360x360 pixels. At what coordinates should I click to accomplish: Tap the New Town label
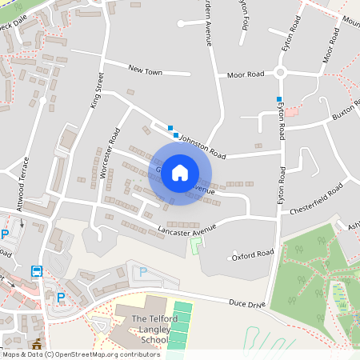(145, 72)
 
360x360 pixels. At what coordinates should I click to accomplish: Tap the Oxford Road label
(253, 254)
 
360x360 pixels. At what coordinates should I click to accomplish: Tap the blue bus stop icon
(36, 270)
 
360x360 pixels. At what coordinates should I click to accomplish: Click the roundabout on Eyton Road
(280, 73)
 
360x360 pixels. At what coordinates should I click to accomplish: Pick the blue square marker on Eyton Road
(278, 99)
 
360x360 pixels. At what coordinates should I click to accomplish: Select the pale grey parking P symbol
(143, 272)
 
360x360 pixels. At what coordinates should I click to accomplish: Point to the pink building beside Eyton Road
(293, 110)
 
